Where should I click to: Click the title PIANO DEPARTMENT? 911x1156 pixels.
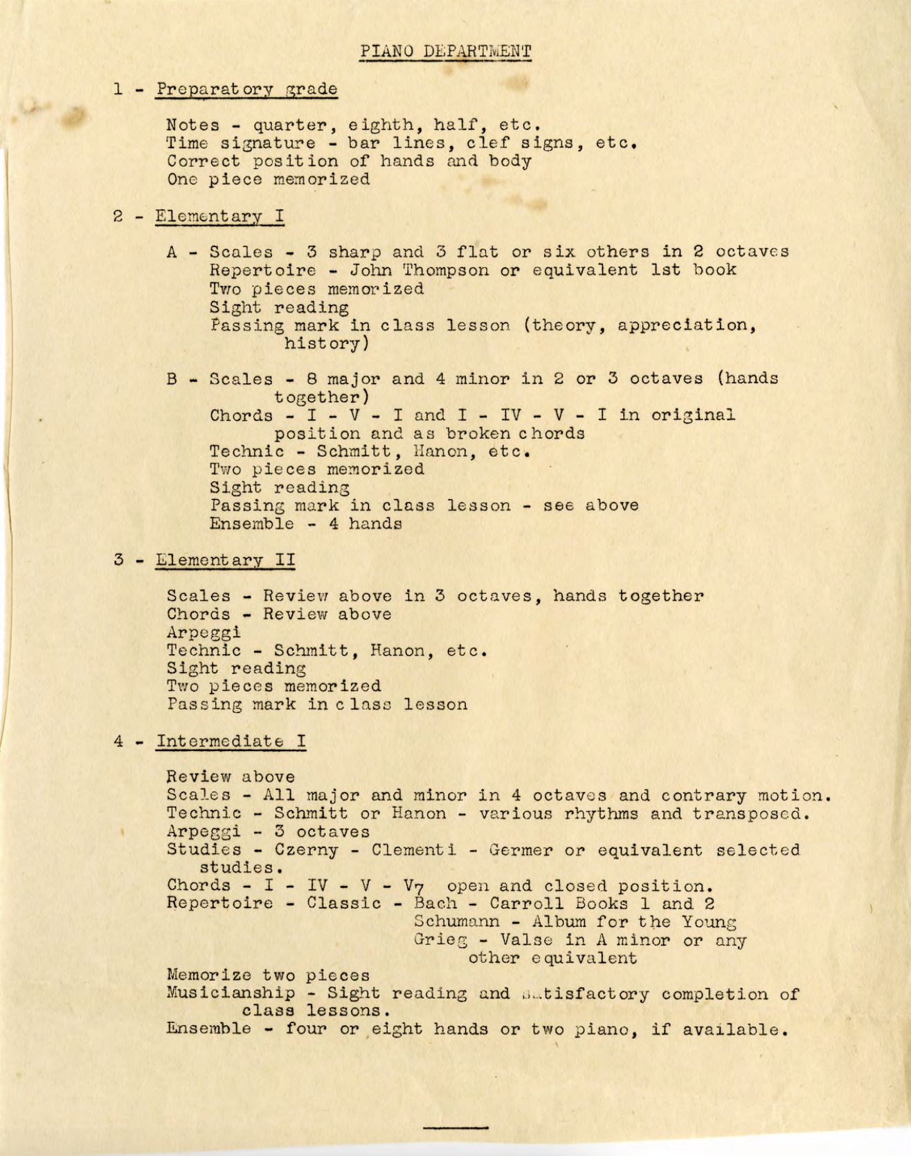coord(445,51)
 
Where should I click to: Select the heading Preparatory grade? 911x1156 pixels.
coord(246,89)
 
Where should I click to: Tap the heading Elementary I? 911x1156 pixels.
coord(219,215)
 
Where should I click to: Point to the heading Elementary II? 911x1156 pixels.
coord(226,559)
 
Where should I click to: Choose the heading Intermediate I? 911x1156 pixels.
coord(231,741)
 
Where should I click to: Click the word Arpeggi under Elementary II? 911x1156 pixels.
coord(204,632)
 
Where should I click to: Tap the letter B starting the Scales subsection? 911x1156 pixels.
coord(172,379)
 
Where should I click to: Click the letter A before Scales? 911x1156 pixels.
coord(172,252)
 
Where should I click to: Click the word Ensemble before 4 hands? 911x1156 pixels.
coord(252,523)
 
